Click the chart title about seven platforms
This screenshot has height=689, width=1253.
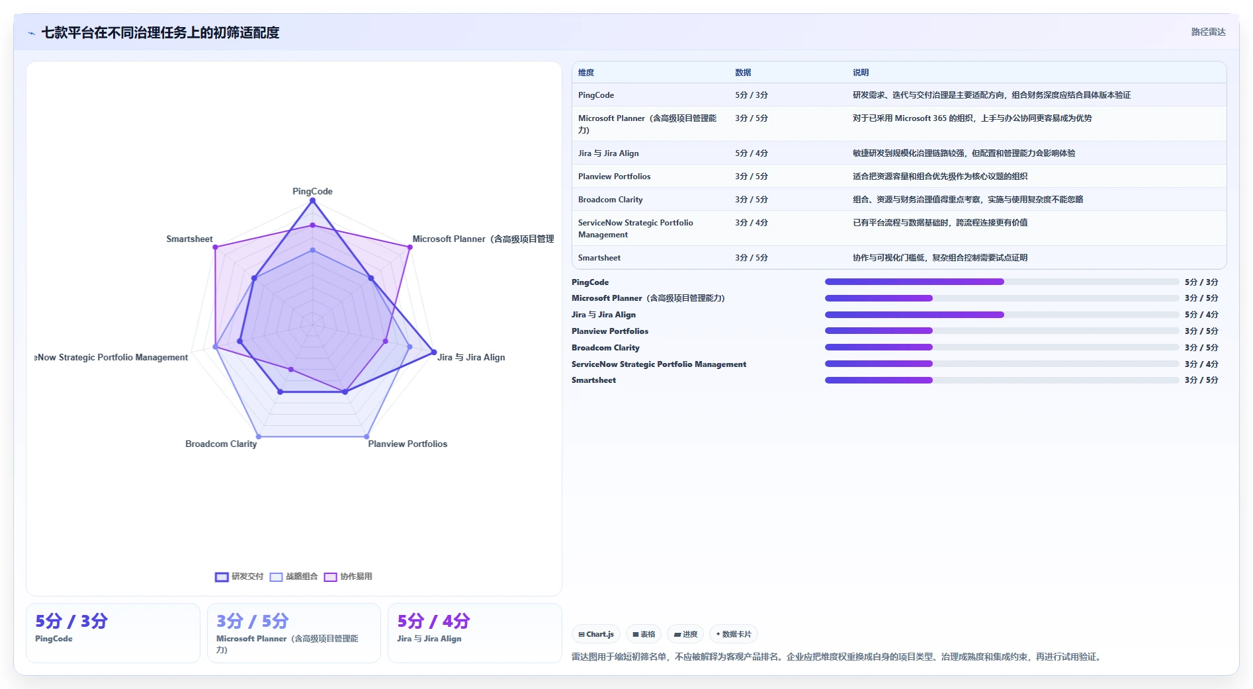(x=160, y=32)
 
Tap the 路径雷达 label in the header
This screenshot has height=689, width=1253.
(x=1208, y=32)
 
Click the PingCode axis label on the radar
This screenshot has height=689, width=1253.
(x=312, y=191)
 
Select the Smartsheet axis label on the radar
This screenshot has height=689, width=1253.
(x=189, y=239)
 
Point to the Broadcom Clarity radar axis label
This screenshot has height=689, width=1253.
(x=221, y=444)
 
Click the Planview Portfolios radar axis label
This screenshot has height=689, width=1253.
(x=408, y=444)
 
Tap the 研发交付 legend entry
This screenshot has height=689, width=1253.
(x=239, y=577)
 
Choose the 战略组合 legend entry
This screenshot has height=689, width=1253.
(x=294, y=577)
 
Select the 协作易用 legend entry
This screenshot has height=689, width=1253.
(x=348, y=577)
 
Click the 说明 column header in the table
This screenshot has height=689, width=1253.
(x=861, y=73)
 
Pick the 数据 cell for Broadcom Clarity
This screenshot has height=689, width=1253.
(x=752, y=199)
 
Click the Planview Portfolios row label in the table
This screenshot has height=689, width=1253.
(x=614, y=176)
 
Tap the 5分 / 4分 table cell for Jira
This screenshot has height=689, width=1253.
(x=752, y=153)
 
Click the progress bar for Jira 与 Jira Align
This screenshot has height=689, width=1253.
(x=1002, y=315)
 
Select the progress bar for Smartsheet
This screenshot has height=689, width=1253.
(x=1002, y=380)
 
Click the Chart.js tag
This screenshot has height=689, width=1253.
(x=596, y=634)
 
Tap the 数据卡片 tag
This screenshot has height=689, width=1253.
(x=734, y=634)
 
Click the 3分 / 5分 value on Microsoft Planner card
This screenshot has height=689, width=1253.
(x=253, y=621)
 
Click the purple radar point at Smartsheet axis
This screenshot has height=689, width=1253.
(x=215, y=247)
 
